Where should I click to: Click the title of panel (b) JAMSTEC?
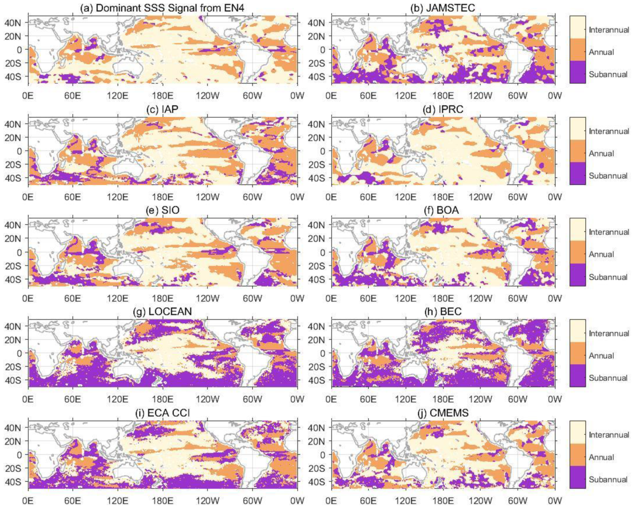coord(442,8)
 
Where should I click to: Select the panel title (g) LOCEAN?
coord(162,311)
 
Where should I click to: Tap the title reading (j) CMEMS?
coord(442,413)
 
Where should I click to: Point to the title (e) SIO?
coord(162,210)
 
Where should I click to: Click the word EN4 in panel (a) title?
coord(232,8)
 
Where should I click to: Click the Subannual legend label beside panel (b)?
coord(608,74)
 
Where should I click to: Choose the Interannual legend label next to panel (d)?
coord(609,131)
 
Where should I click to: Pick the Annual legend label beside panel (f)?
coord(601,254)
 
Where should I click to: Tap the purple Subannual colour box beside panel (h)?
coord(578,375)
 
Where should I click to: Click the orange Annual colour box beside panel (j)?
coord(578,454)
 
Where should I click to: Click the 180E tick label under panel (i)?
coord(162,501)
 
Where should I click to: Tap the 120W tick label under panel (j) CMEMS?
coord(480,501)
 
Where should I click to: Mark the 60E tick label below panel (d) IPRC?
coord(368,197)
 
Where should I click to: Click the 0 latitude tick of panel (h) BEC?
coord(322,353)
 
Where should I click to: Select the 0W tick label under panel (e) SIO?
coord(297,298)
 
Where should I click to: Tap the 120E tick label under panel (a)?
coord(117,96)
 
